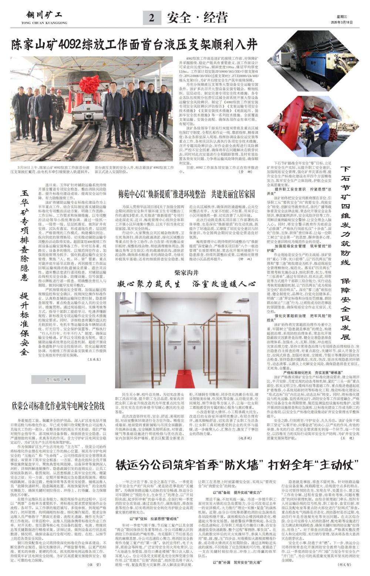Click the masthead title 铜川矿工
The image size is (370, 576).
[x=45, y=15]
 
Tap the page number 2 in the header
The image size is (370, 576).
[x=152, y=18]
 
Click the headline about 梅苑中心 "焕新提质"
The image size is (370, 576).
[x=187, y=193]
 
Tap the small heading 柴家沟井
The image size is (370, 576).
[x=187, y=273]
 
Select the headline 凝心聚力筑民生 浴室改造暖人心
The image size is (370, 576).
[x=187, y=284]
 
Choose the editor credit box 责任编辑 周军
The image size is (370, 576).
[x=58, y=380]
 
